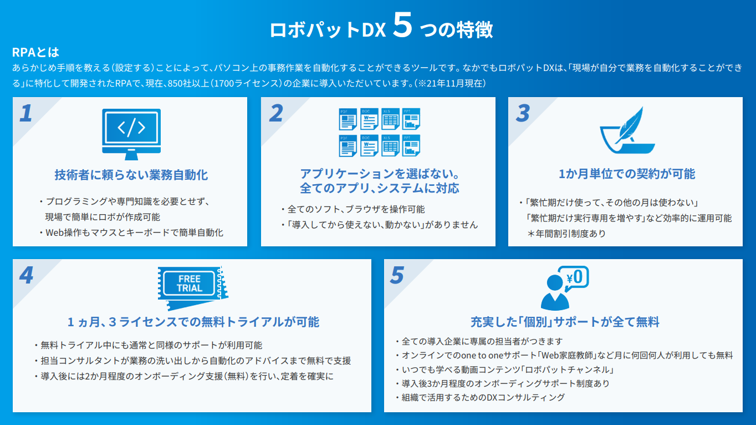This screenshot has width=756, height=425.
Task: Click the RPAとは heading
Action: pyautogui.click(x=35, y=52)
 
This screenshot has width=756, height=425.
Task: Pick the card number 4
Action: pyautogui.click(x=25, y=276)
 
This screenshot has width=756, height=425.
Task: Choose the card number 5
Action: pyautogui.click(x=397, y=276)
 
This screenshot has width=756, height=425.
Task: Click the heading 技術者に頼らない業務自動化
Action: pyautogui.click(x=131, y=175)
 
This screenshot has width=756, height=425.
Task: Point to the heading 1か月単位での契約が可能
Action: pyautogui.click(x=626, y=174)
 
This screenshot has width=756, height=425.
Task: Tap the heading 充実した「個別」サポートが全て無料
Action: pyautogui.click(x=565, y=322)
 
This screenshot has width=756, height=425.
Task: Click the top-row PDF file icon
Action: pyautogui.click(x=347, y=119)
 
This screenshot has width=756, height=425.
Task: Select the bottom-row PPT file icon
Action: pyautogui.click(x=411, y=145)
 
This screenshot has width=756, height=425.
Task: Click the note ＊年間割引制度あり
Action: pyautogui.click(x=566, y=234)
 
